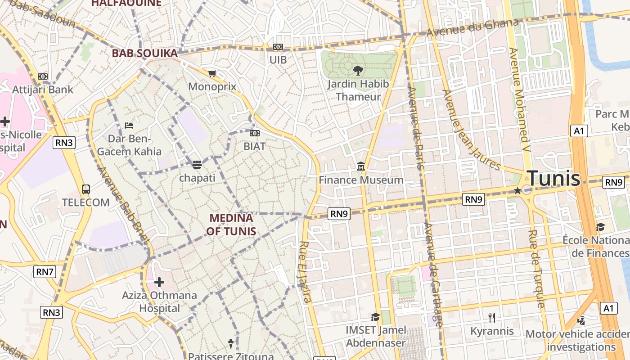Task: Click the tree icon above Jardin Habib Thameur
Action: (358, 70)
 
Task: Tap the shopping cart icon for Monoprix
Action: (212, 73)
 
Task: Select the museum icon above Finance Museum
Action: (361, 167)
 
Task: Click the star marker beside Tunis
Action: (517, 191)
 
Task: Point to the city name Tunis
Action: (553, 179)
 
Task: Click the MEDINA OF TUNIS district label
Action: (232, 225)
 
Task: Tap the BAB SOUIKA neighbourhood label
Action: (144, 54)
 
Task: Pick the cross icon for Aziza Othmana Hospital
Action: (159, 282)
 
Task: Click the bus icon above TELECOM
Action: (86, 189)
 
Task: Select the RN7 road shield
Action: (45, 271)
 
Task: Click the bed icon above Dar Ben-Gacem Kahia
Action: (129, 125)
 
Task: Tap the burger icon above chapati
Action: (197, 165)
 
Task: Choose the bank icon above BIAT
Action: (255, 133)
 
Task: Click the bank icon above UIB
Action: (278, 47)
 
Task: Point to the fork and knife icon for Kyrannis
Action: (492, 318)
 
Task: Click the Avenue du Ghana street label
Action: (472, 27)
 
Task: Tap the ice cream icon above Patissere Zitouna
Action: (231, 344)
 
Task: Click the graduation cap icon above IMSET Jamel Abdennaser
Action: (375, 317)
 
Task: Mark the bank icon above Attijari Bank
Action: (43, 76)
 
